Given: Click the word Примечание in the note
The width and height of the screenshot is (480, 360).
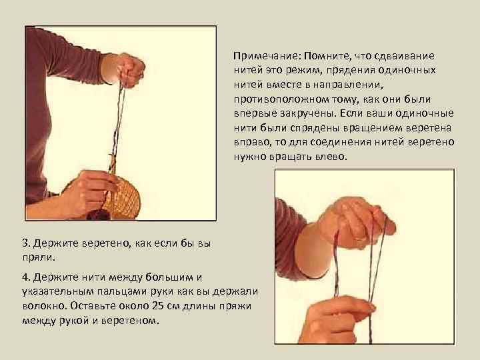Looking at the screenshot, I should pos(260,56).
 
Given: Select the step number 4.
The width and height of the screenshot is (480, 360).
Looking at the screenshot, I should pos(26,277).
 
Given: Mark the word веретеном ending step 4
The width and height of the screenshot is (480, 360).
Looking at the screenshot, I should pos(130,321).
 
